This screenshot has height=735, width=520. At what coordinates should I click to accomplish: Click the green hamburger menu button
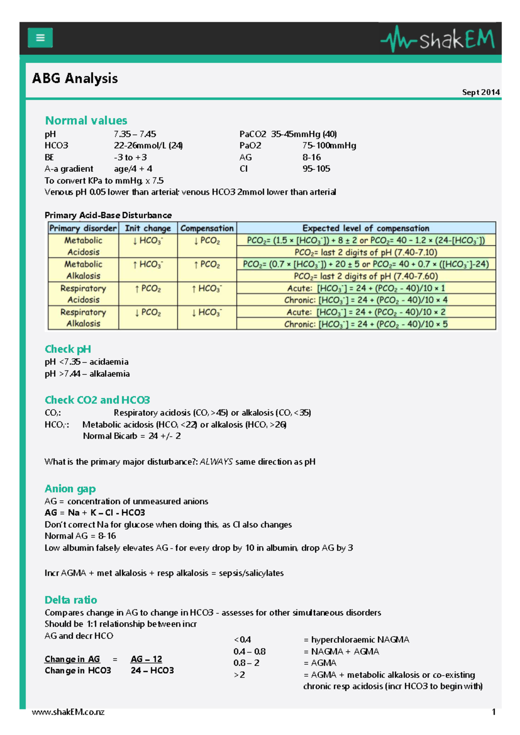(40, 38)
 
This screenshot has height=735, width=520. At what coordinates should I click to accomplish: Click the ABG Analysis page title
(75, 78)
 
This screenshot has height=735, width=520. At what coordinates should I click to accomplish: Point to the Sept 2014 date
(481, 92)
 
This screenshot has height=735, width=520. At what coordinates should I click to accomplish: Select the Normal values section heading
(86, 120)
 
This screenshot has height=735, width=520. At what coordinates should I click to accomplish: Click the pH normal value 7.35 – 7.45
(135, 134)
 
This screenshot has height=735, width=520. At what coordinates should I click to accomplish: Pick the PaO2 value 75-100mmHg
(329, 146)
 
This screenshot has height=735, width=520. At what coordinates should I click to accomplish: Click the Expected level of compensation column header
(366, 228)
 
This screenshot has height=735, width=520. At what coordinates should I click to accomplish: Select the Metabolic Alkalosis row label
(83, 270)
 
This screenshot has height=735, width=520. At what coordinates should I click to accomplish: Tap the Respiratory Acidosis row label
(83, 294)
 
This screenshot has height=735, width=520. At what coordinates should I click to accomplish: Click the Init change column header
(148, 228)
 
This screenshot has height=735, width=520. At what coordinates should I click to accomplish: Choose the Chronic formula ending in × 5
(366, 324)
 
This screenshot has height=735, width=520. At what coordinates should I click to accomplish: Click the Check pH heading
(68, 349)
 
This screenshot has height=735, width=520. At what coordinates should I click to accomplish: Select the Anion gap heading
(70, 489)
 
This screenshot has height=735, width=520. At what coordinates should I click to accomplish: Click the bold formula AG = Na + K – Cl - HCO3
(95, 513)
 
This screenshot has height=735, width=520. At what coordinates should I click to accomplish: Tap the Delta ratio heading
(71, 600)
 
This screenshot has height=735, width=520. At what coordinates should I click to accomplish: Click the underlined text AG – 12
(146, 659)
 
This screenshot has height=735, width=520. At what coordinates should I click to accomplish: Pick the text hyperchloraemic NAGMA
(360, 640)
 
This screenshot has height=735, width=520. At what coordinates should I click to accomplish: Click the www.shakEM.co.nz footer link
(68, 712)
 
